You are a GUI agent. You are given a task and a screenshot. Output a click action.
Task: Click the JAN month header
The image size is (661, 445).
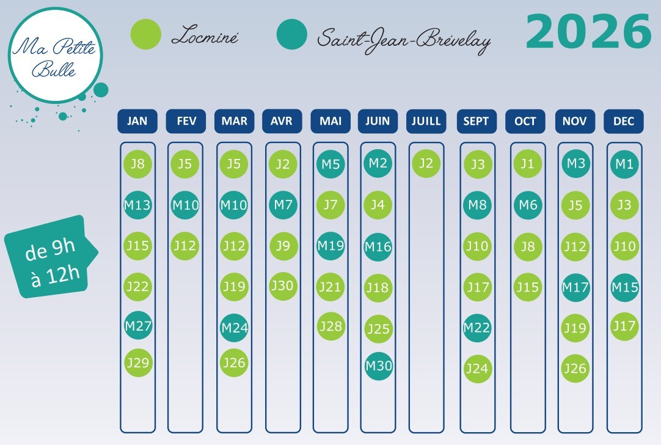point(137,121)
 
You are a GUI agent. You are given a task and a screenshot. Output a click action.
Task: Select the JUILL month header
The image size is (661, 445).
point(426,121)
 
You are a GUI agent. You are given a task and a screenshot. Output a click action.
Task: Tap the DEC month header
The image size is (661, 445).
point(624,121)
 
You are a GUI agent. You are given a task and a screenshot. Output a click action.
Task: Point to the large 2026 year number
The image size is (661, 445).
point(588,32)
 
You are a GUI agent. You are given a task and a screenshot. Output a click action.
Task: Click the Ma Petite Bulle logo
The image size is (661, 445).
point(55,56)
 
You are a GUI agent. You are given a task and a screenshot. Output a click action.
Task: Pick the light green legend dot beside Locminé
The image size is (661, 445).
point(146,35)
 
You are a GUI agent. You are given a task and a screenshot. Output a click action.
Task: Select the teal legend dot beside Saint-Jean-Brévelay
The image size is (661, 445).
point(292,35)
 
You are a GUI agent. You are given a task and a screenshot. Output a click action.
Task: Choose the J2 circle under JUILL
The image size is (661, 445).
point(426,163)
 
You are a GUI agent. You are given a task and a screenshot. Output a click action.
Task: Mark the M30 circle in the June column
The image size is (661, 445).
point(379,366)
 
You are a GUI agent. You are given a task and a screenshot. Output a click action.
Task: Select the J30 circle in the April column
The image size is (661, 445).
point(283,285)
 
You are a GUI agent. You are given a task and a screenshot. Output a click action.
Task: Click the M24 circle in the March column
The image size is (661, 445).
point(235,328)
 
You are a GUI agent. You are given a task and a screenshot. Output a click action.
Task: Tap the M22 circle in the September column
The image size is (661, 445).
point(477,328)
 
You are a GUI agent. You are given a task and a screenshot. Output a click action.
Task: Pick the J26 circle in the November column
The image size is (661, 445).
point(575,368)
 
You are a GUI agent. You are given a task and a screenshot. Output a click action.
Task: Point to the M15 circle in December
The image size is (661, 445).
point(624,287)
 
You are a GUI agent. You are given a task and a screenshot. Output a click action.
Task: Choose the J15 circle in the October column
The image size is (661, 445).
point(528,287)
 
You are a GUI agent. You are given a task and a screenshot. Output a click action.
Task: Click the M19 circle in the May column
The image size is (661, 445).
point(330,246)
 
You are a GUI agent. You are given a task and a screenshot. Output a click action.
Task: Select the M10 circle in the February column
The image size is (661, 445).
point(185,205)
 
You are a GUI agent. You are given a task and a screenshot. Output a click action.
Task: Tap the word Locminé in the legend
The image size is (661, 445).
point(205,37)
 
